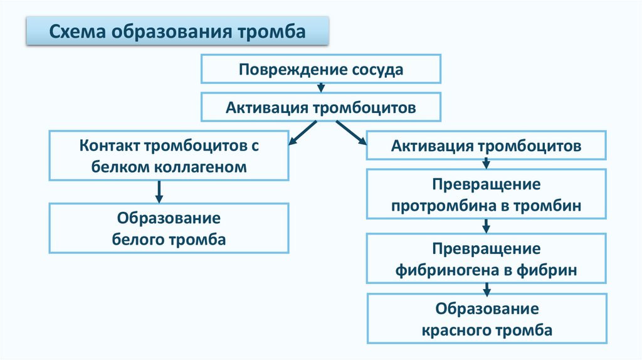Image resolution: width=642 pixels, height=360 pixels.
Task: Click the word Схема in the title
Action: point(77,31)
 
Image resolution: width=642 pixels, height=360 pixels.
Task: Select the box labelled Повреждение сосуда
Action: point(320,69)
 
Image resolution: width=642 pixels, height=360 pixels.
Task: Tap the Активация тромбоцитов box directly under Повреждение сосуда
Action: point(320,107)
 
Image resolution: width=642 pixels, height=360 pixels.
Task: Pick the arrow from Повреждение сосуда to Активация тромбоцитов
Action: point(320,88)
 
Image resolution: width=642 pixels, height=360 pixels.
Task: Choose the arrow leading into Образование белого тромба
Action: point(159,191)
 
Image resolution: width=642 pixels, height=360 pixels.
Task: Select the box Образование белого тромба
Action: point(169,228)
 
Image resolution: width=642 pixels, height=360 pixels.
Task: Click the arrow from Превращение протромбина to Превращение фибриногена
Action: point(486,226)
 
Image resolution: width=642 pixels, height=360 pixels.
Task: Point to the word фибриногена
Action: point(447,270)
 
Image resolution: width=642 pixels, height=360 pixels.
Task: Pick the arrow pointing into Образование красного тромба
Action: point(486,289)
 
